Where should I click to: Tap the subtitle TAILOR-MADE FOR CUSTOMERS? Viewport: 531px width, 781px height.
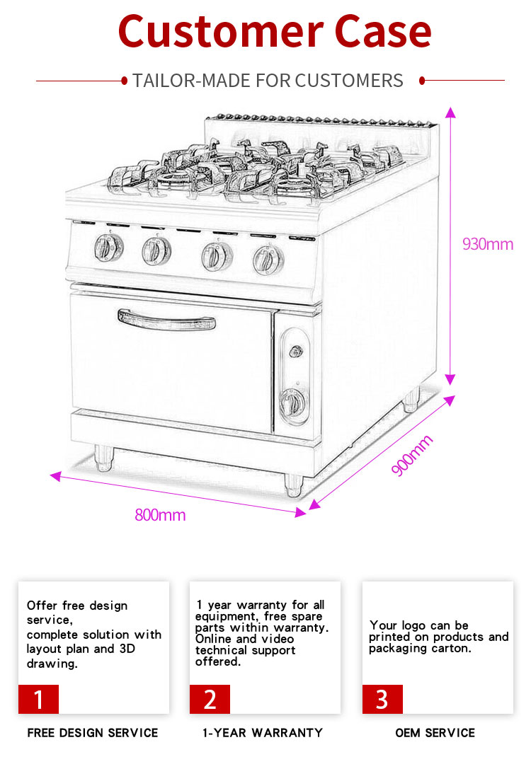(268, 81)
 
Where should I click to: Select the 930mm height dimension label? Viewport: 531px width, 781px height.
(487, 244)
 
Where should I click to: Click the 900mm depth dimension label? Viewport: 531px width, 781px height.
(411, 456)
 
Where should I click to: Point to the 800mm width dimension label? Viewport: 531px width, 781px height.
(160, 515)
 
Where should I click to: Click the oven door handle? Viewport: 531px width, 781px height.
(167, 319)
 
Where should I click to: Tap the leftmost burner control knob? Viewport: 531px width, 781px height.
(108, 247)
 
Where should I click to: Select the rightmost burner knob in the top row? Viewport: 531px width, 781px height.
(268, 260)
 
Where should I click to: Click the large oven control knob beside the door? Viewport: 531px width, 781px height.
(292, 403)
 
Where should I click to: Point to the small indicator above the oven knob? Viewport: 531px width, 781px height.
(297, 351)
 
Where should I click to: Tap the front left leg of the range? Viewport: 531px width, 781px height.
(103, 458)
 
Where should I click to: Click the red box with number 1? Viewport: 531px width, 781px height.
(38, 699)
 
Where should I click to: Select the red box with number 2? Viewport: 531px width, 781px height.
(210, 699)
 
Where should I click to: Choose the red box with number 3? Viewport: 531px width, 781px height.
(382, 699)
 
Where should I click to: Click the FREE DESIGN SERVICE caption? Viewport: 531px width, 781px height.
(93, 733)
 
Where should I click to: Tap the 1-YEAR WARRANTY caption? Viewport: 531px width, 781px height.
(263, 733)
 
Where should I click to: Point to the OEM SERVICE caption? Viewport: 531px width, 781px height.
(435, 733)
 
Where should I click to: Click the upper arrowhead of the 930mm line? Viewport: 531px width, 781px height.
(450, 112)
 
